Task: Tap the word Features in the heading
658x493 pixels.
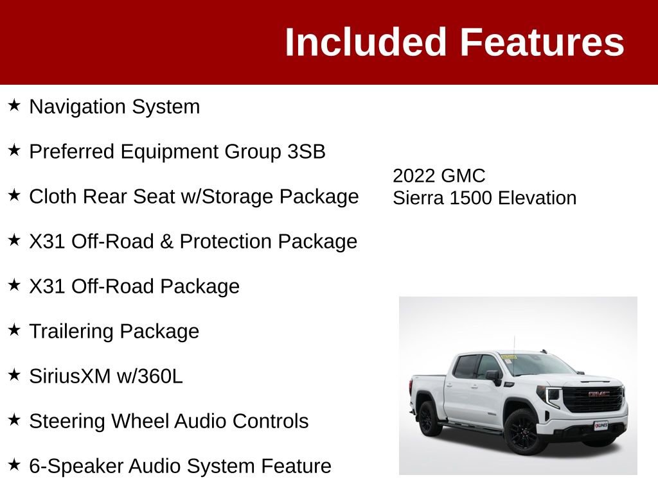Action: tap(542, 42)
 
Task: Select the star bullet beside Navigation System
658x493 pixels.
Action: tap(15, 105)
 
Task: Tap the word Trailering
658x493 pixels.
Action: tap(72, 331)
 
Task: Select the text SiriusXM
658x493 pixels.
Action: tap(70, 376)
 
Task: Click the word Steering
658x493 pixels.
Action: tap(67, 421)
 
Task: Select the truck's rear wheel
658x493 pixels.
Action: tap(429, 418)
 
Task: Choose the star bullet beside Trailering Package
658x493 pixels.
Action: tap(15, 330)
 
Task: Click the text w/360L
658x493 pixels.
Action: tap(150, 376)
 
